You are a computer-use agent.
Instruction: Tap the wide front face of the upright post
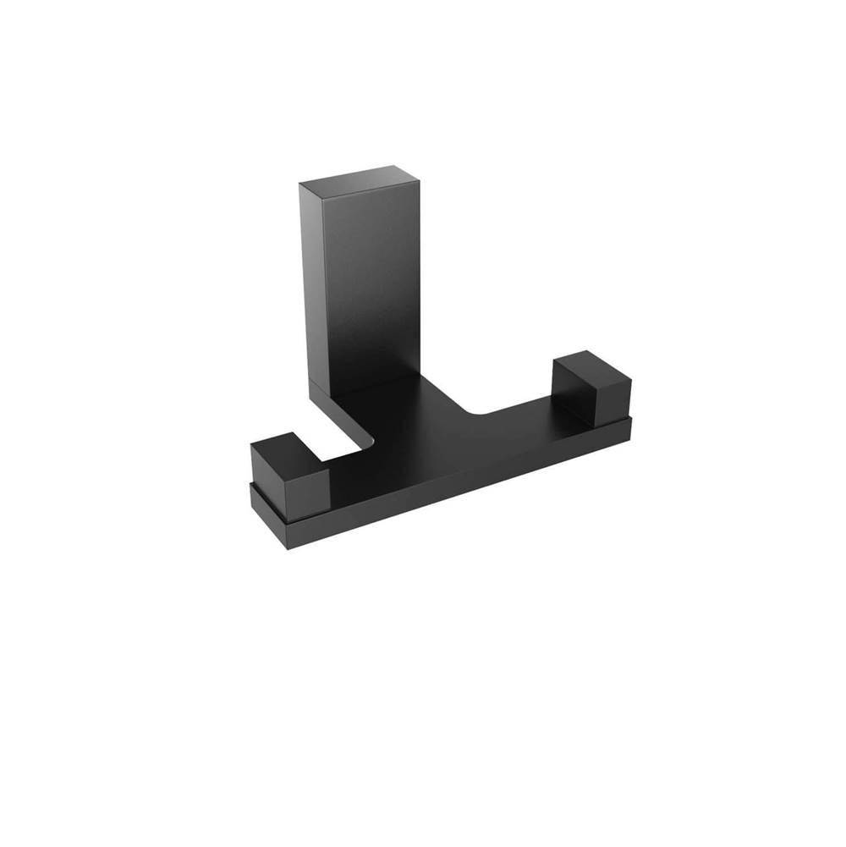click(x=372, y=279)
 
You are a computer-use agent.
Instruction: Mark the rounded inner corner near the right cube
click(x=474, y=413)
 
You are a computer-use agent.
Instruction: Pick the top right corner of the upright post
click(x=419, y=176)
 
